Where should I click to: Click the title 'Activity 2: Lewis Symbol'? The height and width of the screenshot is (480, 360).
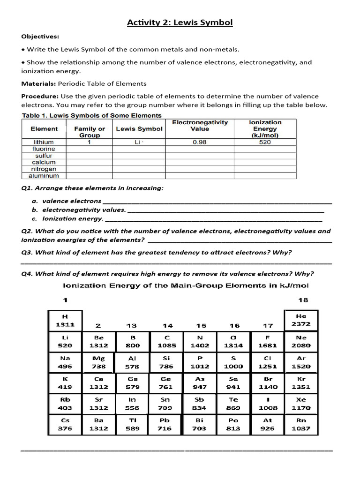tap(180, 22)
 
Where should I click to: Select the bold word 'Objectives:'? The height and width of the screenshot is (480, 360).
tap(40, 37)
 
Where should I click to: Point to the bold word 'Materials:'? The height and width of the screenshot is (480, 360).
tap(38, 83)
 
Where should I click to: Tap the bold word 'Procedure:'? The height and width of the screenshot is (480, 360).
tap(39, 96)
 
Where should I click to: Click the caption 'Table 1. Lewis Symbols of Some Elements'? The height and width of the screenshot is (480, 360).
tap(92, 115)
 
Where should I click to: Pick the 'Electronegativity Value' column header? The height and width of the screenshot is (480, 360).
tap(200, 125)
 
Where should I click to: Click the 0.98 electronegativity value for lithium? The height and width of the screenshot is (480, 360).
tap(200, 142)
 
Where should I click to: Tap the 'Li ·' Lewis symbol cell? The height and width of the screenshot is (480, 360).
tap(139, 142)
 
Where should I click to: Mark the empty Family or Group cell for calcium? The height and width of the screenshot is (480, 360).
tap(89, 162)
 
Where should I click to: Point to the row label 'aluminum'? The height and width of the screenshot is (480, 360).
tap(44, 176)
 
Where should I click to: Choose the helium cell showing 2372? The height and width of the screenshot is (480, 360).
tap(301, 320)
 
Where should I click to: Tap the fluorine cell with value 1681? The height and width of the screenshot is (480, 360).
tap(268, 341)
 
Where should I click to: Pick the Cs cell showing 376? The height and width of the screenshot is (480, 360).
tap(65, 424)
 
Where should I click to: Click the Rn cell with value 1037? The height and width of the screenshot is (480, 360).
tap(301, 424)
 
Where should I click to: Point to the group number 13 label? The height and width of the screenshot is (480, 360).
tap(132, 325)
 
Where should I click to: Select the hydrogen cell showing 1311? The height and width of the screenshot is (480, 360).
tap(65, 320)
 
